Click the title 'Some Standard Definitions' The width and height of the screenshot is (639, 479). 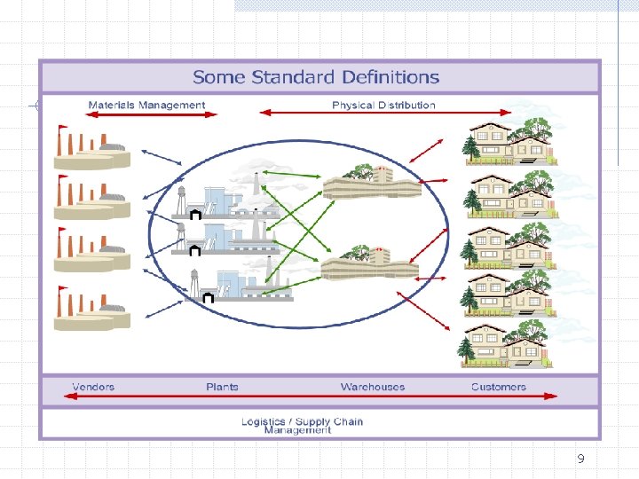tap(316, 77)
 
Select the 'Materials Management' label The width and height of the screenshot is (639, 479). tap(146, 105)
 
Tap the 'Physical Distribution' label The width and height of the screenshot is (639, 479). tap(383, 105)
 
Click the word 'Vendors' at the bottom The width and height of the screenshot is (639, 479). tap(93, 387)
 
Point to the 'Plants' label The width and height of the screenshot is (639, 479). tap(222, 387)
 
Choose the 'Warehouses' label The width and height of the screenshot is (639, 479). tap(372, 387)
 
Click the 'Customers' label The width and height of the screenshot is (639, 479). tap(498, 387)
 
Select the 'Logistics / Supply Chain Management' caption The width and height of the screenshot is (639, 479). tap(302, 426)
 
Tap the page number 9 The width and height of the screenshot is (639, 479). tap(580, 459)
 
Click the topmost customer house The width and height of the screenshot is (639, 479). tap(509, 140)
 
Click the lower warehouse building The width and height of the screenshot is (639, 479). tap(369, 263)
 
